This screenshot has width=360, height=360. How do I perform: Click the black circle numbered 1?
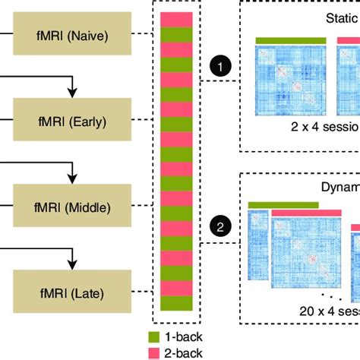(x=220, y=68)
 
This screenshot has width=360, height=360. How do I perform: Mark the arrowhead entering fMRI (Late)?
(x=72, y=264)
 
